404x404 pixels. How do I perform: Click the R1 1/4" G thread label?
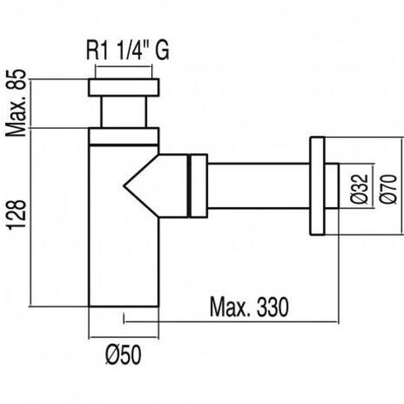(x=128, y=51)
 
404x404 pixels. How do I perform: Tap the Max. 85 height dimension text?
(x=16, y=103)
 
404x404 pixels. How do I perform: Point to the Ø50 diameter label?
(x=124, y=355)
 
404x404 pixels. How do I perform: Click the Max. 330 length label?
(x=249, y=308)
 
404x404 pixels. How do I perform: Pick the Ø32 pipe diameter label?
(x=359, y=189)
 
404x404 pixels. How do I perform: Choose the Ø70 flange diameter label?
(x=389, y=189)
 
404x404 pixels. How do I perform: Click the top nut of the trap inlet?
(x=124, y=87)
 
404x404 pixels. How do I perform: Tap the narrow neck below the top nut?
(x=124, y=112)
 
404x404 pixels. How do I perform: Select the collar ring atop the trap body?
(x=124, y=137)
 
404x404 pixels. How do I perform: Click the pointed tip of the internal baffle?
(x=124, y=187)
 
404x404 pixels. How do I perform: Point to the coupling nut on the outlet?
(x=198, y=186)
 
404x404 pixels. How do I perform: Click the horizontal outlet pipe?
(x=259, y=186)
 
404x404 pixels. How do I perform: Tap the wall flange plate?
(x=317, y=186)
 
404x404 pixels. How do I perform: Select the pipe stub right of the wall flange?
(x=332, y=186)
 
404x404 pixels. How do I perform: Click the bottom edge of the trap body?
(x=124, y=307)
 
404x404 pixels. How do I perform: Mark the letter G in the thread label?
(x=162, y=51)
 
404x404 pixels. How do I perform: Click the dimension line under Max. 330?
(x=231, y=321)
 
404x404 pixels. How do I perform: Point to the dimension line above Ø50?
(x=124, y=338)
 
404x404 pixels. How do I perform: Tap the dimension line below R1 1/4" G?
(x=123, y=67)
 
